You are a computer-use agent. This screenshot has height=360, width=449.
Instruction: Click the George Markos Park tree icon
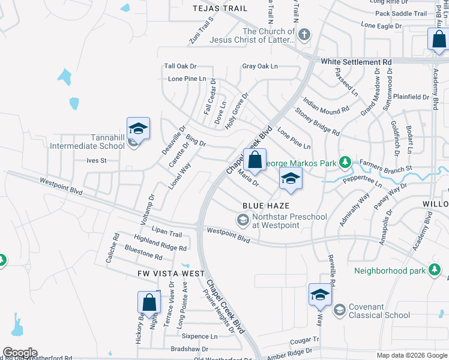click(345, 162)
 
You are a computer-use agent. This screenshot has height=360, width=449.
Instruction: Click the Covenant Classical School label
click(375, 311)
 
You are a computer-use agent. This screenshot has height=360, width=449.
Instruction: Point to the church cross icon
click(304, 34)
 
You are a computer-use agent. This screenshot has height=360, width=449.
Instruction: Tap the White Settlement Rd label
click(356, 62)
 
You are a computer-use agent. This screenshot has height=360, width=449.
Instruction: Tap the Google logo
click(20, 353)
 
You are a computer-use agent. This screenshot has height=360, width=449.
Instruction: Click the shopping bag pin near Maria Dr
click(255, 160)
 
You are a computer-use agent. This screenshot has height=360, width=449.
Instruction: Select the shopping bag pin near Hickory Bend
click(149, 303)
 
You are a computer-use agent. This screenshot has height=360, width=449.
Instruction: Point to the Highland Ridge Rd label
click(160, 243)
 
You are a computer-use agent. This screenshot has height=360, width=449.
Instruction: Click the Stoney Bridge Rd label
click(318, 121)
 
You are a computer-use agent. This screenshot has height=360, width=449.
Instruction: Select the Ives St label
click(96, 161)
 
